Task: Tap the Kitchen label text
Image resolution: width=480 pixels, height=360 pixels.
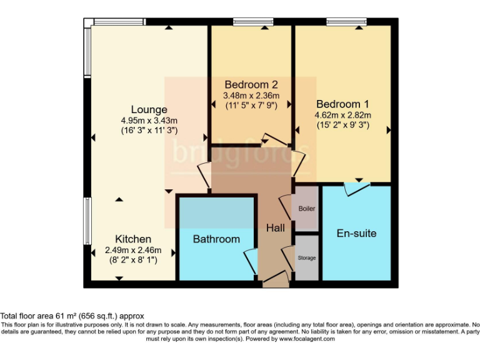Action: tap(132, 239)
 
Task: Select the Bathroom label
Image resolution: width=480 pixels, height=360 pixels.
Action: tap(216, 239)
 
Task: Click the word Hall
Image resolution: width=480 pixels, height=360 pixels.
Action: tap(275, 229)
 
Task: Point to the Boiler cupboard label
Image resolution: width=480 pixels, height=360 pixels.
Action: tap(307, 209)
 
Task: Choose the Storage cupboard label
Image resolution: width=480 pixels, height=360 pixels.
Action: tap(306, 257)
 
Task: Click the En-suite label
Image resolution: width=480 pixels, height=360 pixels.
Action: tap(356, 234)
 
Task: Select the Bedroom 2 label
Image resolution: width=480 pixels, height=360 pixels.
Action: tap(251, 84)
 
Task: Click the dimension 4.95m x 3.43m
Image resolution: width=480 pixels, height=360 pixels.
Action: tap(149, 121)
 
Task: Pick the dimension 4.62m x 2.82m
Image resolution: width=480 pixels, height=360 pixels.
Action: tap(342, 115)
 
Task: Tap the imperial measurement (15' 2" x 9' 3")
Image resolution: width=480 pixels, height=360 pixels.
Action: tap(342, 125)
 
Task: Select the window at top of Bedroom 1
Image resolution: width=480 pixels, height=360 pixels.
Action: tap(345, 22)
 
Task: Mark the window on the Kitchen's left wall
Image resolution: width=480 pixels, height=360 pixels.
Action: tap(87, 222)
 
